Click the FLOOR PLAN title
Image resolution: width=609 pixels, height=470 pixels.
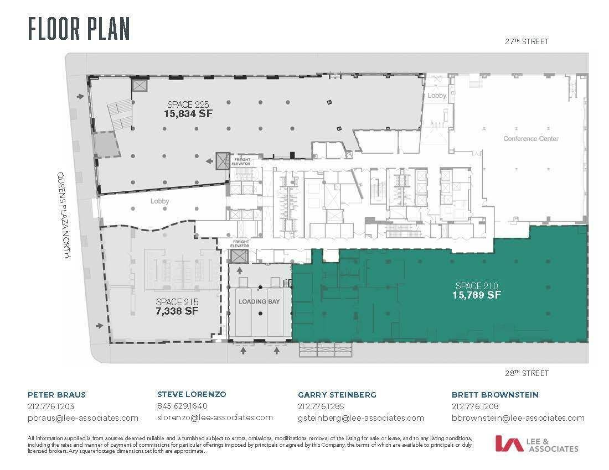pyautogui.click(x=79, y=29)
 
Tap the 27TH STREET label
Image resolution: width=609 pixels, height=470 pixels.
pyautogui.click(x=527, y=41)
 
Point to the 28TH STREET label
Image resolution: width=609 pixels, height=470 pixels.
pyautogui.click(x=527, y=373)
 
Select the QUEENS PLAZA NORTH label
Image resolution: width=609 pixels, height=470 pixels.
pyautogui.click(x=64, y=215)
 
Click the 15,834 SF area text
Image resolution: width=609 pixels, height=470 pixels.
pyautogui.click(x=188, y=113)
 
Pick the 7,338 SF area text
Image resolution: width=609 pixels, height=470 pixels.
pyautogui.click(x=177, y=311)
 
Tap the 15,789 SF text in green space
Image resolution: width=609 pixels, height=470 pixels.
pyautogui.click(x=477, y=295)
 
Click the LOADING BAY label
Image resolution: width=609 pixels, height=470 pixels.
pyautogui.click(x=259, y=301)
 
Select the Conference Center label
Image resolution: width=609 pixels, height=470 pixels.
pyautogui.click(x=531, y=138)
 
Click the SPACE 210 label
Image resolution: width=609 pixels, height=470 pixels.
pyautogui.click(x=477, y=286)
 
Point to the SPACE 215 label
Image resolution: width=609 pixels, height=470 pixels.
pyautogui.click(x=177, y=302)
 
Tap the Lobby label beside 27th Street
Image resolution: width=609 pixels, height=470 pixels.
pyautogui.click(x=437, y=96)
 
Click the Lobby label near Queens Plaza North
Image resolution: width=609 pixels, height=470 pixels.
pyautogui.click(x=159, y=201)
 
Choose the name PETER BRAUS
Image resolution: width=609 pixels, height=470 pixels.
pyautogui.click(x=56, y=395)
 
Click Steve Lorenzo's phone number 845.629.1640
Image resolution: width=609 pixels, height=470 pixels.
pyautogui.click(x=182, y=406)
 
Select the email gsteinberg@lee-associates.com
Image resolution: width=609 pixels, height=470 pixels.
pyautogui.click(x=361, y=418)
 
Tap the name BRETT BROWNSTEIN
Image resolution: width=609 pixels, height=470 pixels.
pyautogui.click(x=495, y=395)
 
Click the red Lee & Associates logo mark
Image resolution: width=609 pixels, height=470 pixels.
pyautogui.click(x=509, y=443)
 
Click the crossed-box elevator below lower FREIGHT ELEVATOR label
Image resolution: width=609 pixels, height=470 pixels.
pyautogui.click(x=239, y=256)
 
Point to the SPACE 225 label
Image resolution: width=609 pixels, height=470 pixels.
pyautogui.click(x=188, y=105)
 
